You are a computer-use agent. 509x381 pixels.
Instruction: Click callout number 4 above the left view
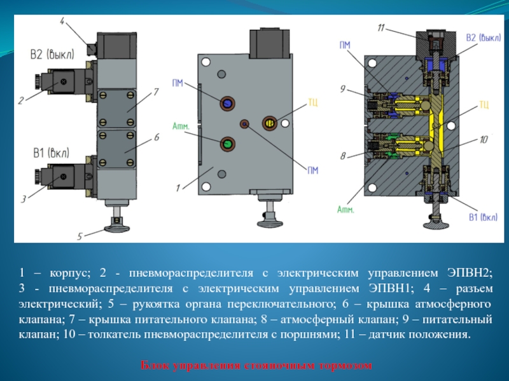coord(62,22)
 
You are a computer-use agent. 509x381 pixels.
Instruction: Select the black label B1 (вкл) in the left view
coord(51,152)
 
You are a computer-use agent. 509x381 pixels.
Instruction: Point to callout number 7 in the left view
coord(155,92)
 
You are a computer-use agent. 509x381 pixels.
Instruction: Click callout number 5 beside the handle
coord(80,236)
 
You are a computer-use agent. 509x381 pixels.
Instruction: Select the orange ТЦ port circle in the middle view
coord(270,121)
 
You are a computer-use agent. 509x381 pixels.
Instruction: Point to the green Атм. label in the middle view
coord(181,126)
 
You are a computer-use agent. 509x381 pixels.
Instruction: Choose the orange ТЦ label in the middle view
coord(312,102)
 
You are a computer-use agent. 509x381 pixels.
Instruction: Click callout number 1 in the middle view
coord(179,187)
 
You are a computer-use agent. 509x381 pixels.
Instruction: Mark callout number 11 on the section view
coord(380,28)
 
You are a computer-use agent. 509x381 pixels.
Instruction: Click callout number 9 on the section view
coord(343,90)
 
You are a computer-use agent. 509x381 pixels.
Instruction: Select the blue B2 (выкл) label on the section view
coord(483,38)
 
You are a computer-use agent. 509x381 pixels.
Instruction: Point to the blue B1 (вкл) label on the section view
coord(483,218)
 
